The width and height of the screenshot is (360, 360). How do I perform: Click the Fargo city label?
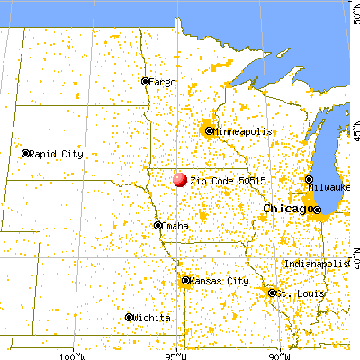click(164, 81)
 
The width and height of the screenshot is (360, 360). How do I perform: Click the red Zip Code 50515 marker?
click(180, 179)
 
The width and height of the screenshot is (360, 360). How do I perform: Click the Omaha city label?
click(175, 226)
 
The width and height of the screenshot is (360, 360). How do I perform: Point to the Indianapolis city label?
click(314, 263)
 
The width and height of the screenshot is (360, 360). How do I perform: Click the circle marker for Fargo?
click(145, 81)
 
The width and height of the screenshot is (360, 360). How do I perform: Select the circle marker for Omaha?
click(157, 226)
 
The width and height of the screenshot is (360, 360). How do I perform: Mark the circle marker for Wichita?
click(130, 317)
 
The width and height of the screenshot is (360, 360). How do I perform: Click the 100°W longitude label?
click(68, 355)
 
